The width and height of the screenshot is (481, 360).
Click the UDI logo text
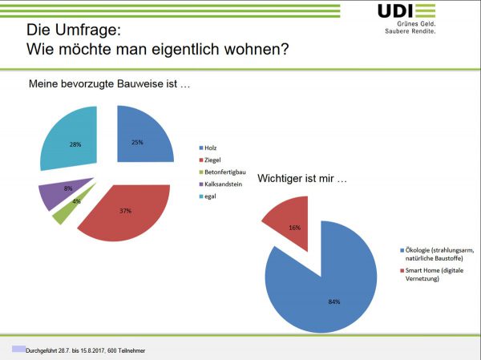tap(395, 10)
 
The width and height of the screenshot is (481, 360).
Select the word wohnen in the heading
tap(257, 49)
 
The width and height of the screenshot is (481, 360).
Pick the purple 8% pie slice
tap(55, 195)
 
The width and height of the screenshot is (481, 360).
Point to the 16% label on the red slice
tap(294, 228)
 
